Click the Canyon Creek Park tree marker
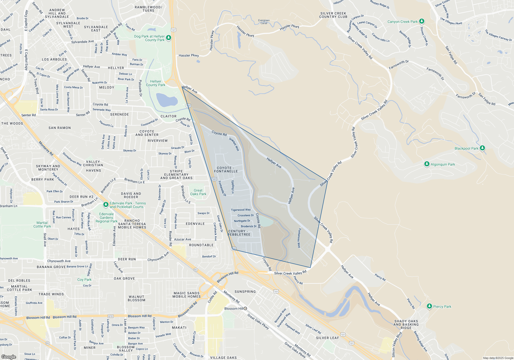(421, 21)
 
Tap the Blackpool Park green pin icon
(482, 148)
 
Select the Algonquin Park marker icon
(427, 164)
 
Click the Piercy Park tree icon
(429, 306)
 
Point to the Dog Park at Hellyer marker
(169, 38)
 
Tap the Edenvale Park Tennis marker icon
(106, 205)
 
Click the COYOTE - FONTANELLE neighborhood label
(226, 169)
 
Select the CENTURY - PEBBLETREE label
(239, 233)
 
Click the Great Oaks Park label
(198, 192)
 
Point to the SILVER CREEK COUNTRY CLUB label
(333, 15)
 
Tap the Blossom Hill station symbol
(245, 308)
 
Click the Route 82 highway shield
(196, 269)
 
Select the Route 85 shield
(48, 343)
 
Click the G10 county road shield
(111, 316)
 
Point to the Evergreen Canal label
(264, 22)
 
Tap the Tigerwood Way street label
(241, 210)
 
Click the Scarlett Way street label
(234, 144)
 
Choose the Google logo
(9, 357)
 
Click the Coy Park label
(84, 280)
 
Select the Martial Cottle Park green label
(42, 224)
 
